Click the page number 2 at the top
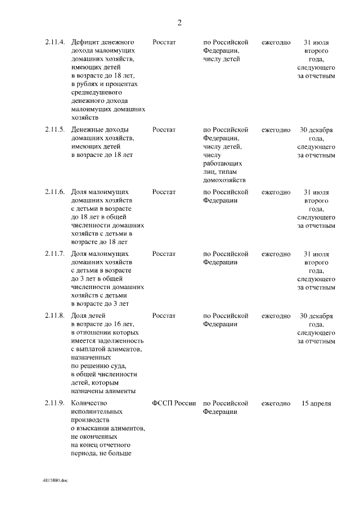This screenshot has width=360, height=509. click(179, 23)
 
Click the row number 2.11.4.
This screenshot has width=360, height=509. click(55, 43)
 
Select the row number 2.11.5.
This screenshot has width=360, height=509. click(55, 130)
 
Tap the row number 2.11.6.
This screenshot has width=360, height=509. click(55, 192)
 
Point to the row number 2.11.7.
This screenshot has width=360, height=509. click(55, 254)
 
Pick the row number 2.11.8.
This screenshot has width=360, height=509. click(55, 316)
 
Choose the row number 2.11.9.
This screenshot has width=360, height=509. click(55, 403)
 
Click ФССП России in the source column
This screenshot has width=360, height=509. click(174, 403)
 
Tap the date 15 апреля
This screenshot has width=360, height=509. click(316, 403)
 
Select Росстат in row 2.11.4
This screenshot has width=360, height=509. click(164, 43)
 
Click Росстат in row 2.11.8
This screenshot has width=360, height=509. click(164, 316)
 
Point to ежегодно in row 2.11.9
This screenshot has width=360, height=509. click(276, 403)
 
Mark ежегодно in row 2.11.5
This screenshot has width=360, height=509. click(276, 130)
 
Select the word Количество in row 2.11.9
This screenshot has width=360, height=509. click(89, 403)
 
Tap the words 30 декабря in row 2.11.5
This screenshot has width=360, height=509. click(316, 130)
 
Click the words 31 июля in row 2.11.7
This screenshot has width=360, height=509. click(316, 254)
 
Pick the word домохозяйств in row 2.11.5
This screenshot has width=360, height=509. click(224, 180)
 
